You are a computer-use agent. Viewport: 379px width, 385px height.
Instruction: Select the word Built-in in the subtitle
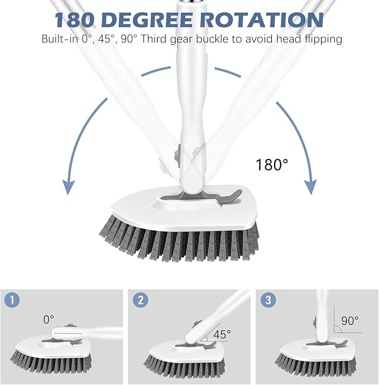point(59,40)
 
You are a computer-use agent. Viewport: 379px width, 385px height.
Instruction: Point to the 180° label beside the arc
point(272,165)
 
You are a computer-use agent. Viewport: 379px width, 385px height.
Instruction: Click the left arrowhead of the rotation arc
point(68,187)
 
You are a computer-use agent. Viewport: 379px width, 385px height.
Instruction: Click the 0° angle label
point(49,320)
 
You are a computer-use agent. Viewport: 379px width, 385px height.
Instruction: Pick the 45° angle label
point(221,335)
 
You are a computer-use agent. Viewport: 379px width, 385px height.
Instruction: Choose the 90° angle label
point(350,322)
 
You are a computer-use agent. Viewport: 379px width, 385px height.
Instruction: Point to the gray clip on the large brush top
point(226,196)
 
